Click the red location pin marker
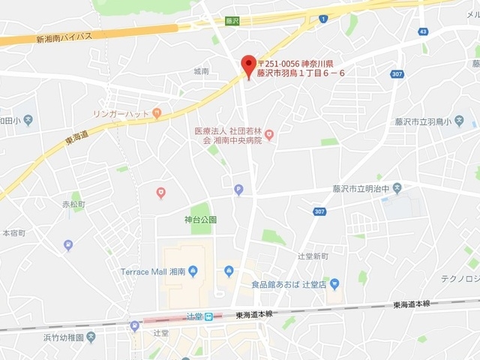(247, 66)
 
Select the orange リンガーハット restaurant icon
(156, 113)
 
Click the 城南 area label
(200, 71)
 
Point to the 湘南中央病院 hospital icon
(269, 135)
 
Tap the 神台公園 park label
(200, 220)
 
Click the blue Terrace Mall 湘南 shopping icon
(193, 271)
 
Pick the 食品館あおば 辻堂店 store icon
(334, 283)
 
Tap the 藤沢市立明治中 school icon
(397, 187)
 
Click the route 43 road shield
(424, 31)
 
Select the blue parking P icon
(238, 189)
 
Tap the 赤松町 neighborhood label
(74, 204)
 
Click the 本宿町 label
(13, 233)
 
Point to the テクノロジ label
(460, 279)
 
